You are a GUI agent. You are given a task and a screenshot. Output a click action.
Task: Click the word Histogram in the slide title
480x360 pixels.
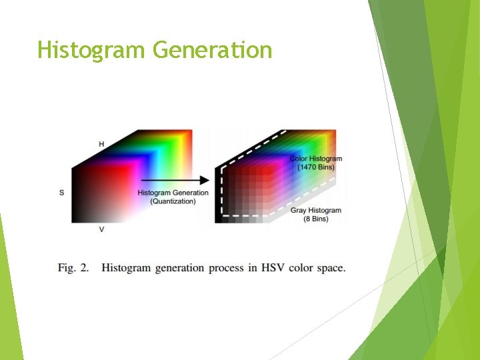pyautogui.click(x=91, y=50)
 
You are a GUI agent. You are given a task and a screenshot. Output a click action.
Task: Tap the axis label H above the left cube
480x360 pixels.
pyautogui.click(x=101, y=144)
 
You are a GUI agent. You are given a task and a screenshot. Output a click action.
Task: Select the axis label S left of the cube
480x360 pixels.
pyautogui.click(x=62, y=193)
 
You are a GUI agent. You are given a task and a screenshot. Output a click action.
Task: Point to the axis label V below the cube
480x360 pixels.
pyautogui.click(x=101, y=229)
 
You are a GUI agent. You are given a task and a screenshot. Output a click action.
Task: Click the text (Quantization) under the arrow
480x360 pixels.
pyautogui.click(x=173, y=201)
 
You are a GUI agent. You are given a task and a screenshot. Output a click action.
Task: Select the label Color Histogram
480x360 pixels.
pyautogui.click(x=315, y=159)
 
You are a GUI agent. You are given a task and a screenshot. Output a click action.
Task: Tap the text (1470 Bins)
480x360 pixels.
pyautogui.click(x=315, y=167)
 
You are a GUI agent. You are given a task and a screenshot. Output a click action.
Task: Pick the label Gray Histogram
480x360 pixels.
pyautogui.click(x=315, y=211)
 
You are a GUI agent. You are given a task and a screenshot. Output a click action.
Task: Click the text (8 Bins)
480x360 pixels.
pyautogui.click(x=315, y=219)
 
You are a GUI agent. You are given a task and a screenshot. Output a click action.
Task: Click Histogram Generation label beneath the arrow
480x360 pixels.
pyautogui.click(x=173, y=193)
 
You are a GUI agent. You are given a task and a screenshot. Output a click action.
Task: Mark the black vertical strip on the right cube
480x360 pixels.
pyautogui.click(x=218, y=193)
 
